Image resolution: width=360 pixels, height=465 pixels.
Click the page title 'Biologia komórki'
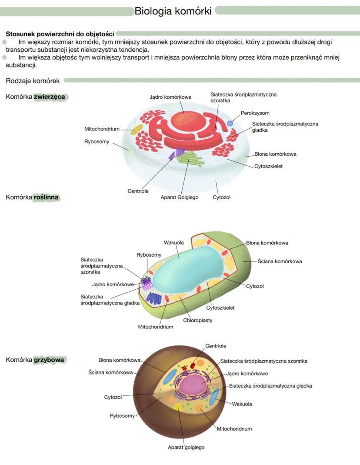(x=173, y=11)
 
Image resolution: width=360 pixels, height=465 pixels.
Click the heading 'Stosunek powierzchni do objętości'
(x=60, y=33)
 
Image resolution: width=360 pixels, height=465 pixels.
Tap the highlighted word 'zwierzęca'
(x=50, y=97)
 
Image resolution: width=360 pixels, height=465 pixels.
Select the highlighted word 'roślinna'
(x=47, y=197)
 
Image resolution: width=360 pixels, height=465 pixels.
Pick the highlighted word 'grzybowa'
(x=49, y=360)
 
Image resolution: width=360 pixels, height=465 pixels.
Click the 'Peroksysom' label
(x=255, y=113)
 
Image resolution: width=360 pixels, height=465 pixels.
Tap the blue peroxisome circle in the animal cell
(x=230, y=124)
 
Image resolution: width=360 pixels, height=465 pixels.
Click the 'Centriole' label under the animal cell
(x=138, y=191)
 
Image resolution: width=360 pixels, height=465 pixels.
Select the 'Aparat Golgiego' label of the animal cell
(x=180, y=197)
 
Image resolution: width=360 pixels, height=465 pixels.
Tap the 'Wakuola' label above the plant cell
(x=173, y=242)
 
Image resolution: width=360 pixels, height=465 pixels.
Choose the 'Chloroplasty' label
(x=198, y=321)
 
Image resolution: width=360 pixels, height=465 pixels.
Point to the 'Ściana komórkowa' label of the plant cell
(x=280, y=261)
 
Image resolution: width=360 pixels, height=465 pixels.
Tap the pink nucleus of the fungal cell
(x=195, y=385)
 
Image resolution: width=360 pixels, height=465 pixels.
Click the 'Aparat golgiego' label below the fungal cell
(x=186, y=447)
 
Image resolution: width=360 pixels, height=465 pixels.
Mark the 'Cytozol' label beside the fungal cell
(x=113, y=397)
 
